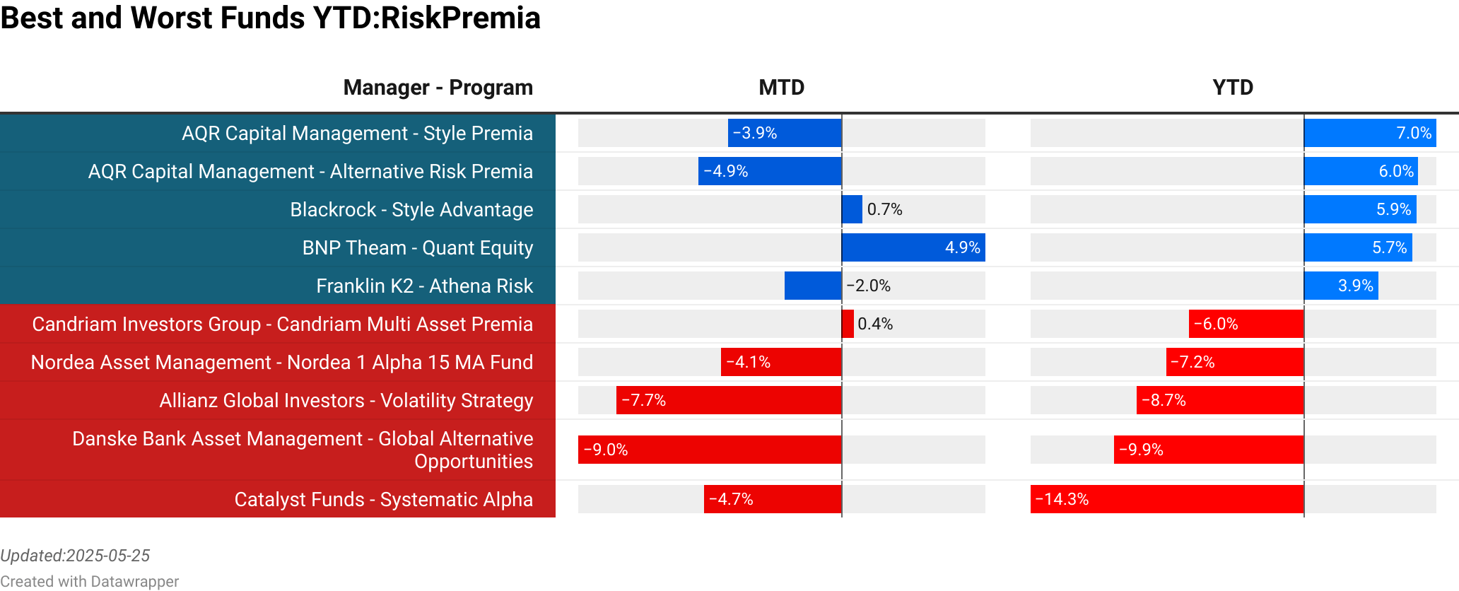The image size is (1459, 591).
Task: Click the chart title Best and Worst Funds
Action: [x=270, y=18]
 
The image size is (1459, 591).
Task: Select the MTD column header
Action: [x=781, y=88]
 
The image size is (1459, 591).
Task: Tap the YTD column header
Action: [x=1232, y=88]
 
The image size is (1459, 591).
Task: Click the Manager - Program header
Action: [x=438, y=88]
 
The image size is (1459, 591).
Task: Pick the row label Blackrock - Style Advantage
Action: [x=411, y=210]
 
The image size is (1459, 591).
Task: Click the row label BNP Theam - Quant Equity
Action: [x=417, y=248]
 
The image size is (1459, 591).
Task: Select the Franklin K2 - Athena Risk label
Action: [x=424, y=286]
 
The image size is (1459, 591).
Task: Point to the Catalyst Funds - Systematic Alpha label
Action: [x=383, y=500]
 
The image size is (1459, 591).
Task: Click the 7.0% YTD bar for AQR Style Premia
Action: [x=1369, y=133]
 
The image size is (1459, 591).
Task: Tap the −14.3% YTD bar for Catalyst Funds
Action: [x=1166, y=499]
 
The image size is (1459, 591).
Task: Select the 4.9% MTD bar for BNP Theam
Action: [x=913, y=247]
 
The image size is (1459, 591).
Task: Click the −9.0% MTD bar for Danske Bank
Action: [x=709, y=450]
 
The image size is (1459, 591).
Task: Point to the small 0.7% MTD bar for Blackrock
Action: [x=852, y=209]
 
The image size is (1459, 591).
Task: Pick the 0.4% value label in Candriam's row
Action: [x=875, y=324]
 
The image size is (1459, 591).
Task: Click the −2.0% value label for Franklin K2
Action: [x=869, y=286]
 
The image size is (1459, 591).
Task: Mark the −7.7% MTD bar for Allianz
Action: [x=728, y=400]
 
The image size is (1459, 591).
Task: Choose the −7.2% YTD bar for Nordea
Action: [x=1234, y=362]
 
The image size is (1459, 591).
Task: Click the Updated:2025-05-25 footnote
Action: [x=75, y=556]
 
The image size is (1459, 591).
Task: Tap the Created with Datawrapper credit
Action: [x=89, y=581]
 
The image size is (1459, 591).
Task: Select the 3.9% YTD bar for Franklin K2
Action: [x=1341, y=286]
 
